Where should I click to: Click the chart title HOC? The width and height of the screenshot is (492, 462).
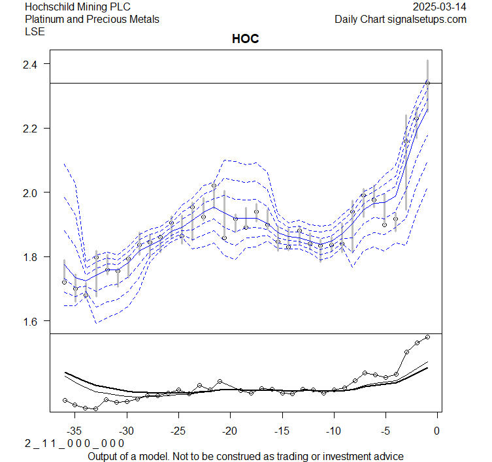coord(246,39)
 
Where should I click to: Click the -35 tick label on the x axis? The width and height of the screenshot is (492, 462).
coord(75,431)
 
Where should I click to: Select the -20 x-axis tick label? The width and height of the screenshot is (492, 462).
coord(230,431)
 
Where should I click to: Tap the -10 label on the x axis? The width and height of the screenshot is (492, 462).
coord(333,431)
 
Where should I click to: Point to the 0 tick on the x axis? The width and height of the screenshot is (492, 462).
coord(436,431)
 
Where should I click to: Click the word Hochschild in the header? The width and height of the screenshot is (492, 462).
coord(50,7)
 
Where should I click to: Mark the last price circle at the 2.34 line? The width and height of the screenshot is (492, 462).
coord(427,83)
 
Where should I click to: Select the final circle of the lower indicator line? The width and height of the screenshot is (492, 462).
coord(427,337)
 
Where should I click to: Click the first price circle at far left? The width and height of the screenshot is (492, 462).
coord(64,282)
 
